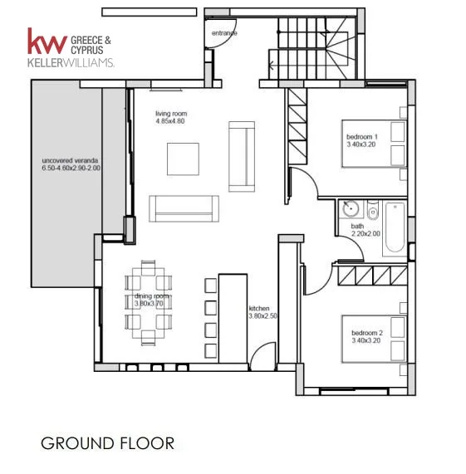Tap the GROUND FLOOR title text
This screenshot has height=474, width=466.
coord(107,443)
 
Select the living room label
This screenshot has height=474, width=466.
coord(171,114)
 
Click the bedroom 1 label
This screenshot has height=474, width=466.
coord(361,137)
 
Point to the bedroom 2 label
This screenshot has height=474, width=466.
coord(367,333)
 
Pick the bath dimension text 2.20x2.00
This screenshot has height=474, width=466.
coord(365,233)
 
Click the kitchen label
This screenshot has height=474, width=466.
coord(259,308)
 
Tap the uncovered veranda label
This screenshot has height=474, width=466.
coord(70,160)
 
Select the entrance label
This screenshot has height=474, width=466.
coord(224,33)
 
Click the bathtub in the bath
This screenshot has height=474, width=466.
coord(395,228)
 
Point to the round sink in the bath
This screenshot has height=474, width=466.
coord(351,208)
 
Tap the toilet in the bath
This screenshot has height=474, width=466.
coord(373,210)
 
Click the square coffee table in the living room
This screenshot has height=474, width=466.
coord(183,159)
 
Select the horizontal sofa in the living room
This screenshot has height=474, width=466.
coord(184,208)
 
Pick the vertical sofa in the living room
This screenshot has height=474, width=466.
coord(242,157)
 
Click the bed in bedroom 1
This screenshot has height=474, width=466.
coord(374,144)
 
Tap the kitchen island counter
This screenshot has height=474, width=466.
coord(233,319)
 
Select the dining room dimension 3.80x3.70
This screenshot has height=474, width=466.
coord(149,303)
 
